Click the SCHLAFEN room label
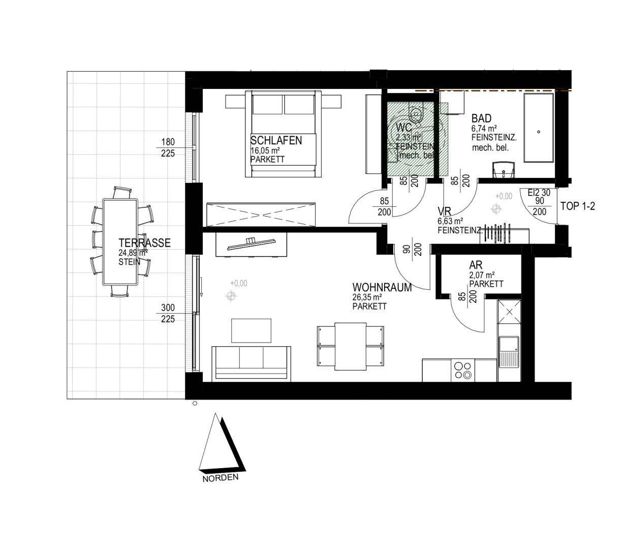pos(276,140)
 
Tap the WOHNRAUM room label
pos(382,288)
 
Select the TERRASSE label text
pos(144,243)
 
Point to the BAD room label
pos(481,119)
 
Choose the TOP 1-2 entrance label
pos(577,206)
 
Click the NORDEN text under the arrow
pos(220,478)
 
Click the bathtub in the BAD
pos(538,128)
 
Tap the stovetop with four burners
pos(462,370)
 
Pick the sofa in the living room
pos(252,363)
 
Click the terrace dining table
pos(120,242)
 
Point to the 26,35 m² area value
pos(367,298)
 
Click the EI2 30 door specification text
pos(539,193)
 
